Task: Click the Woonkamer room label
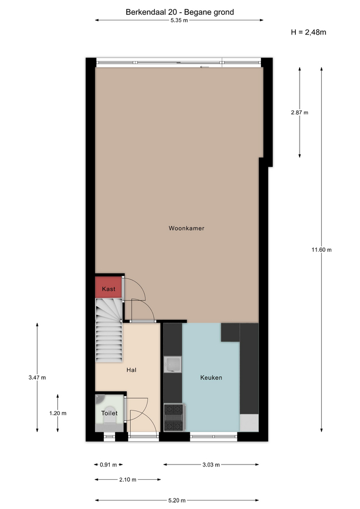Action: coord(186,228)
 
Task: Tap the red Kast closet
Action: coord(108,287)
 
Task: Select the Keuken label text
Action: coord(211,378)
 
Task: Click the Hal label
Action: coord(131,370)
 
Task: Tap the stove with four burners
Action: coord(174,417)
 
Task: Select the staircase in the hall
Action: coord(109,330)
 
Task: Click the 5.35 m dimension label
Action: coord(179,21)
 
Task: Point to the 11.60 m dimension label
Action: coord(322,250)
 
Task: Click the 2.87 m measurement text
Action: coord(300,112)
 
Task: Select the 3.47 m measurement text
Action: coord(37,378)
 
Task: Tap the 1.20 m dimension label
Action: coord(58,413)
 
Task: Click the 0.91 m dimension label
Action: coord(108,464)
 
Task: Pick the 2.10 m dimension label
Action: coord(128,479)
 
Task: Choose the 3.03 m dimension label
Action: coord(211,464)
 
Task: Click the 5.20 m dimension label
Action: coord(177,500)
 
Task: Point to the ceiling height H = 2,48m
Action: coord(309,32)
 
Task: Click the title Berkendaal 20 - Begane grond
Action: coord(180,12)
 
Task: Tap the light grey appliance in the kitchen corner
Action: coord(249,423)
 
